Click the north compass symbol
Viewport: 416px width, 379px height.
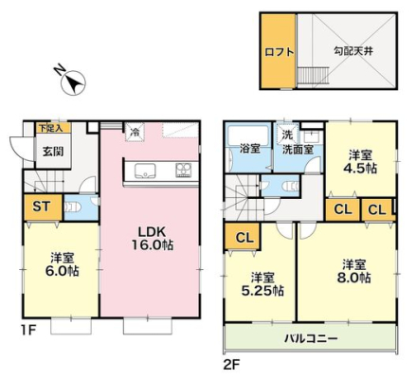73,82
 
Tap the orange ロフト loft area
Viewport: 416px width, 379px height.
278,51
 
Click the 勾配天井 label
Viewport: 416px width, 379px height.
353,51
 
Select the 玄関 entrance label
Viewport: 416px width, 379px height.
53,152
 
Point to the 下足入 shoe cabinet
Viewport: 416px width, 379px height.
53,128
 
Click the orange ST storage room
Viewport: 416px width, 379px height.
43,207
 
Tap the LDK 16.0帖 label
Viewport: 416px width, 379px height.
152,239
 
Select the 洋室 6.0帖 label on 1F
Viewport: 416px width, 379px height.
63,264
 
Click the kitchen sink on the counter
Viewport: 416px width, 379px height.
145,171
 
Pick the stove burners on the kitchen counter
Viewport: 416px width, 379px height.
184,170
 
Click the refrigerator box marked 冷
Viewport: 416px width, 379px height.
135,133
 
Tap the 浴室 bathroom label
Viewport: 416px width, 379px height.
249,149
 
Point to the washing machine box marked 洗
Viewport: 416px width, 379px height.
287,135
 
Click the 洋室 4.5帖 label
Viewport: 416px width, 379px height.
360,162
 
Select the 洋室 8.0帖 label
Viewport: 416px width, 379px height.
354,271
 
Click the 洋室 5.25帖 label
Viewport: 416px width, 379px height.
262,284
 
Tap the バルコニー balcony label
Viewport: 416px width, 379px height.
311,339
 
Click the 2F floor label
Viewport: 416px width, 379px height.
231,366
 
